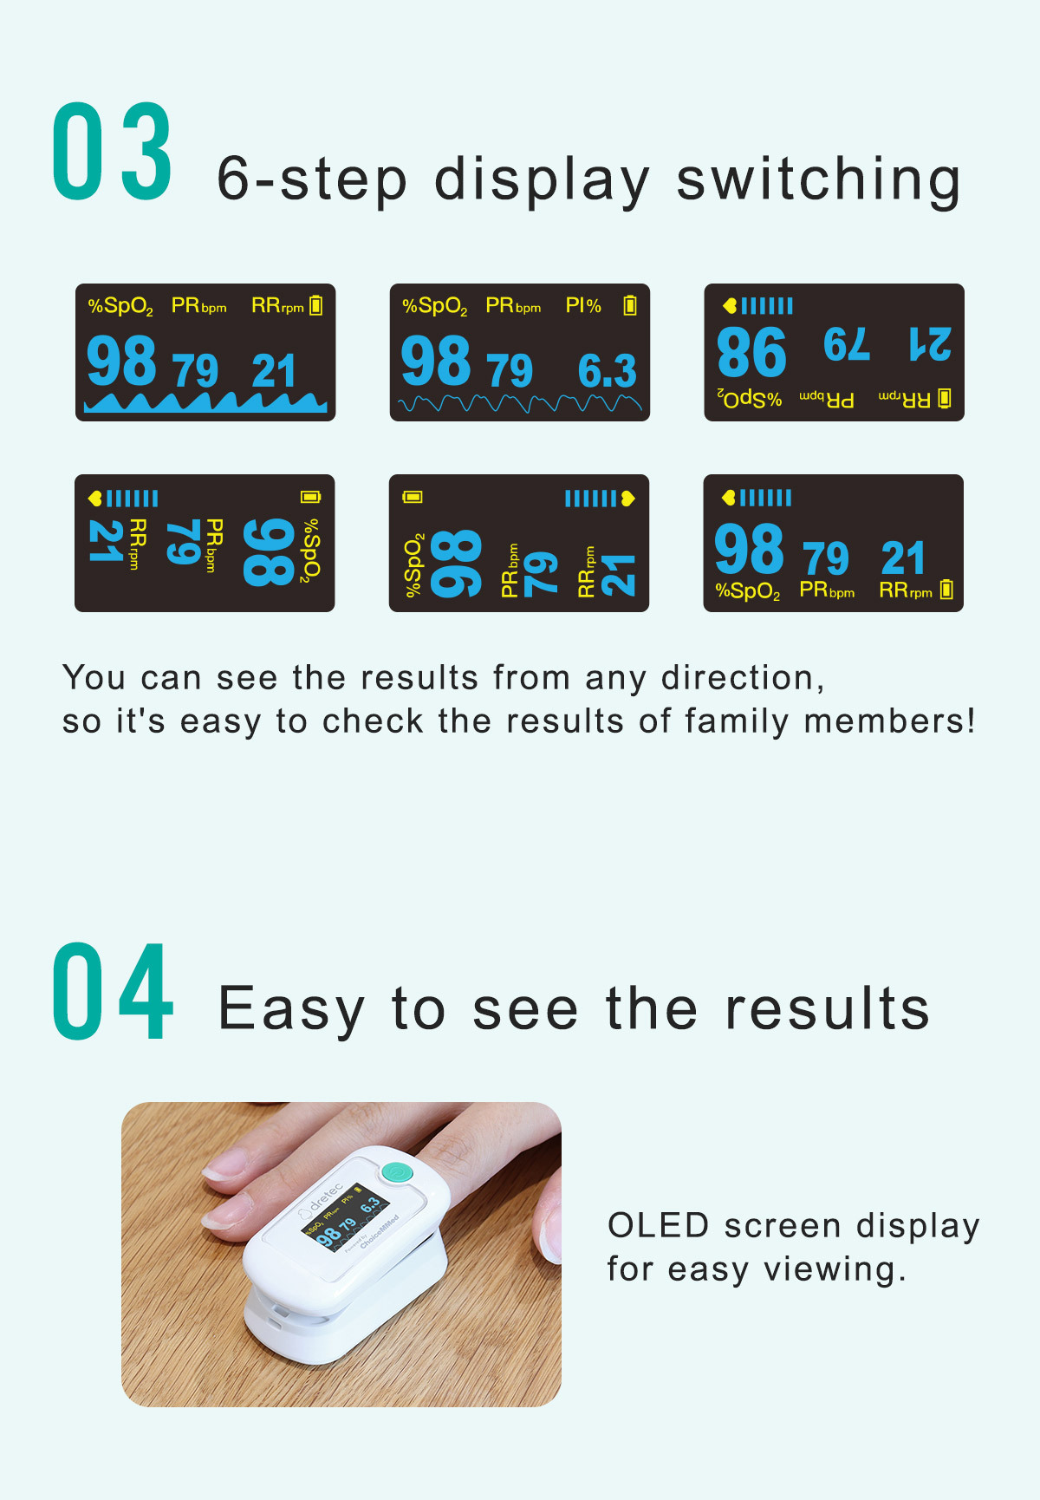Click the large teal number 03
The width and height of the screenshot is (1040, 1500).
pos(113,152)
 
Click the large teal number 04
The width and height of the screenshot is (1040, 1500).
pos(113,991)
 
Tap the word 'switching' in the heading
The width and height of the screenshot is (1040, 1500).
pos(818,180)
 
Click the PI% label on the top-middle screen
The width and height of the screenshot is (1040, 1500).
pos(583,306)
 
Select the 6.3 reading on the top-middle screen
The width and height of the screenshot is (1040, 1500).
pos(608,371)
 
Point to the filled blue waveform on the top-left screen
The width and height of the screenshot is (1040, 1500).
pos(205,401)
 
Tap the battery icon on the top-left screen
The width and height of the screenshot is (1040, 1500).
pos(316,305)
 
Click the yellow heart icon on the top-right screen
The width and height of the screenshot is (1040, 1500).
pos(730,305)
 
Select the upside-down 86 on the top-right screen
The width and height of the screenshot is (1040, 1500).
pos(751,352)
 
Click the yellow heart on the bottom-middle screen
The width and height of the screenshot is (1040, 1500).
pos(627,498)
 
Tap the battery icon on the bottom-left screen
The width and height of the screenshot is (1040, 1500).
pos(311,497)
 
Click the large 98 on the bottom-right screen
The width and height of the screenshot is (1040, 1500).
pos(749,549)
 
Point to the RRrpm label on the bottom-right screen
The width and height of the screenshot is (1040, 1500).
pos(906,591)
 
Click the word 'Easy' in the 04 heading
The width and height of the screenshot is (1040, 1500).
pos(291,1009)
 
